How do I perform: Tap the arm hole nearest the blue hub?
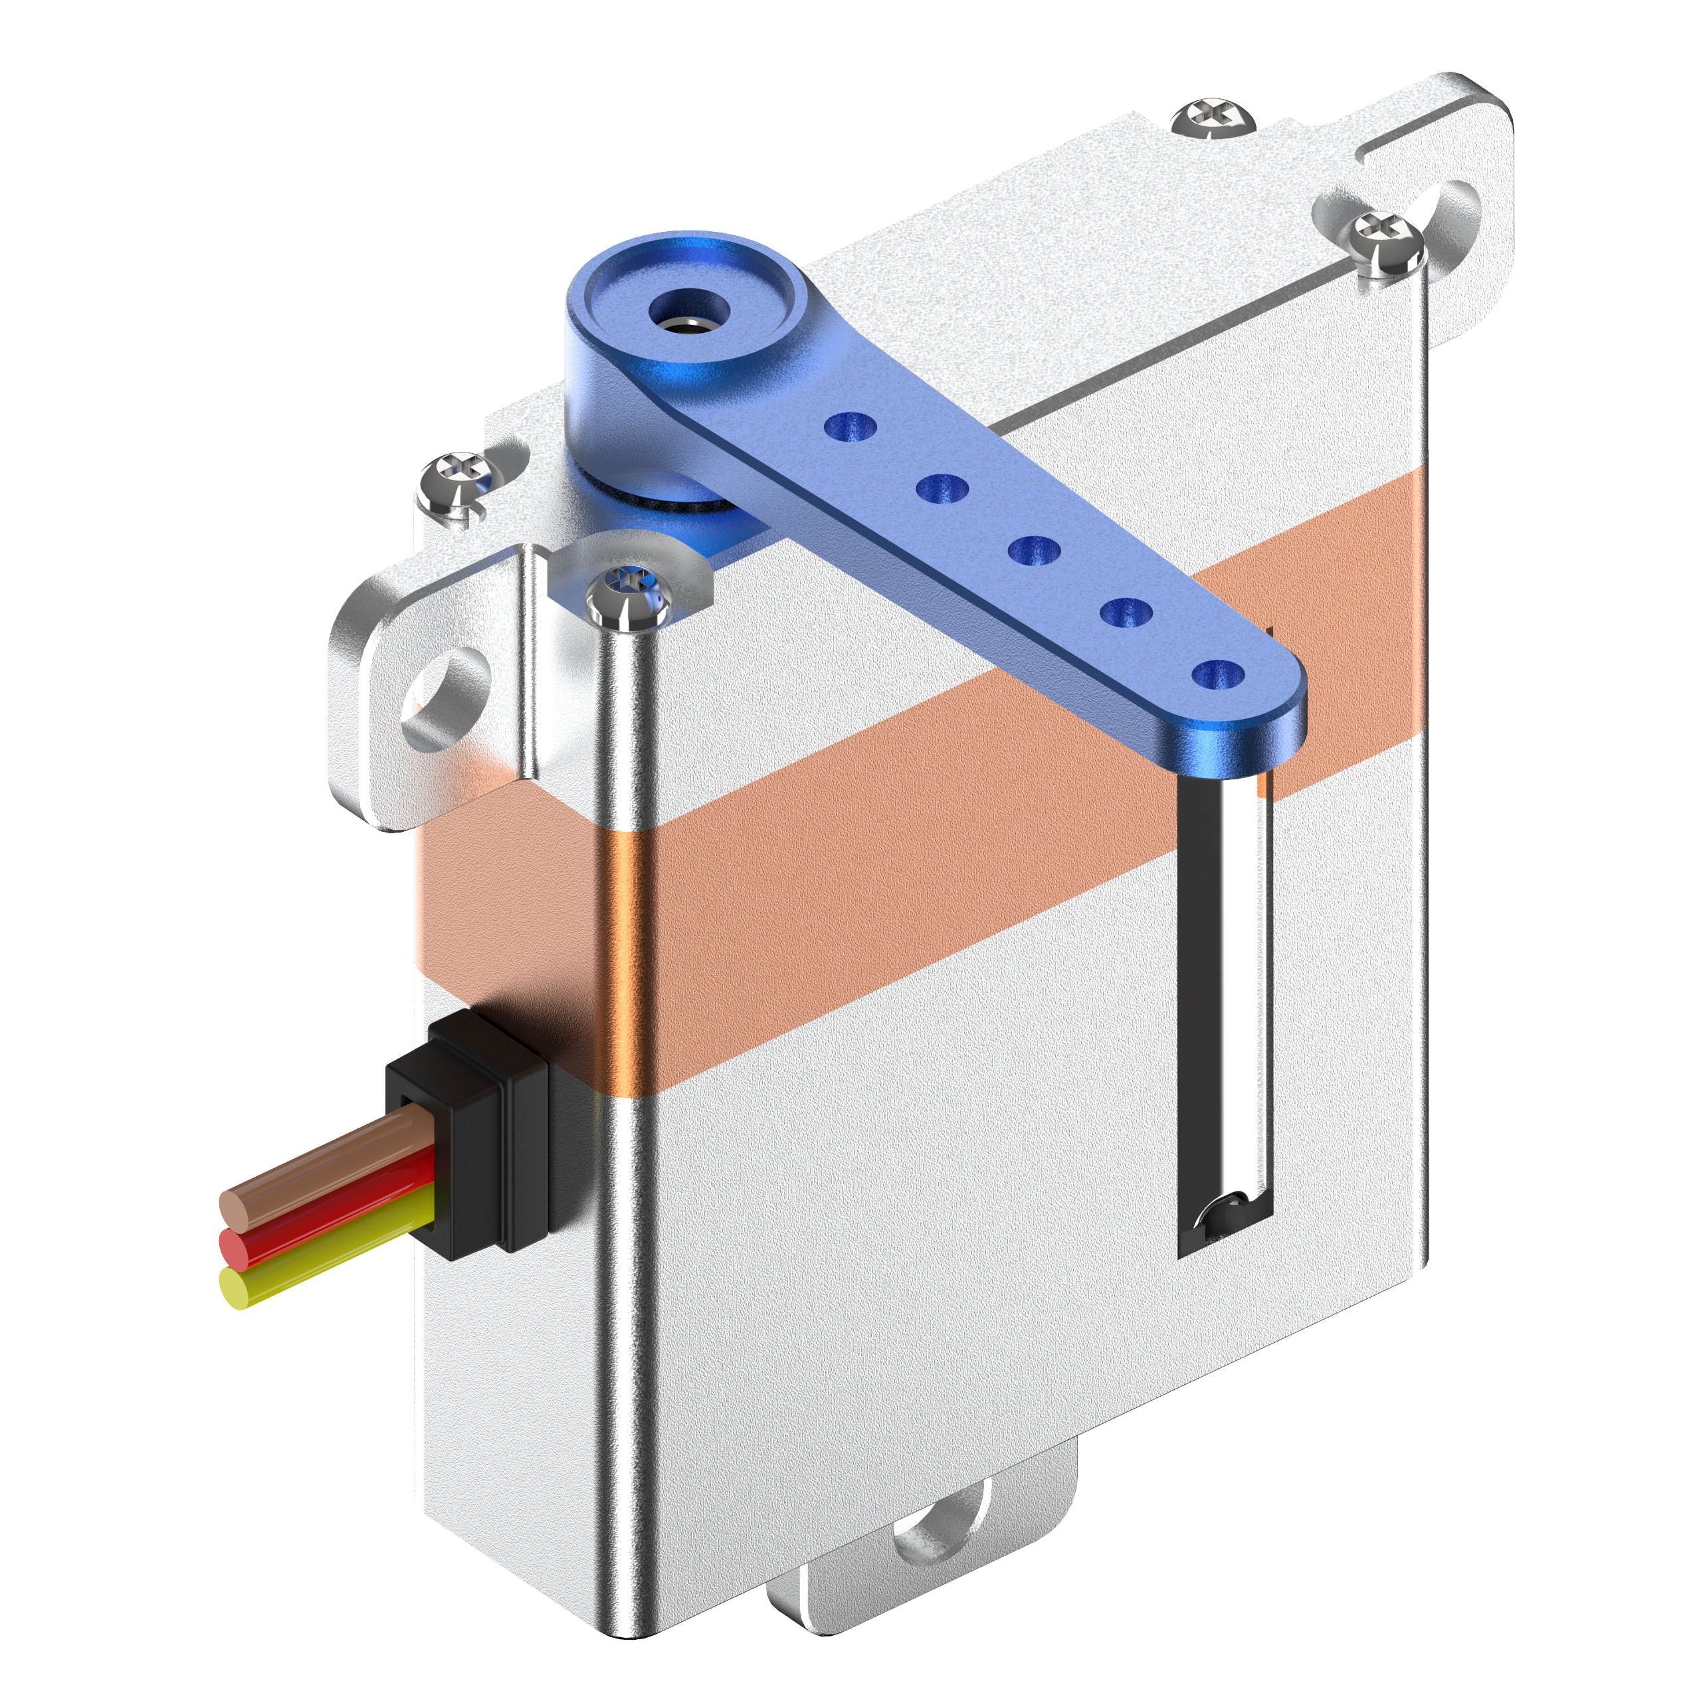click(850, 427)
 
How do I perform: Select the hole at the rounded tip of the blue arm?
click(1218, 675)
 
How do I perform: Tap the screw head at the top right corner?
click(1213, 117)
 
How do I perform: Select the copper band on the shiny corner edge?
click(627, 959)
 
